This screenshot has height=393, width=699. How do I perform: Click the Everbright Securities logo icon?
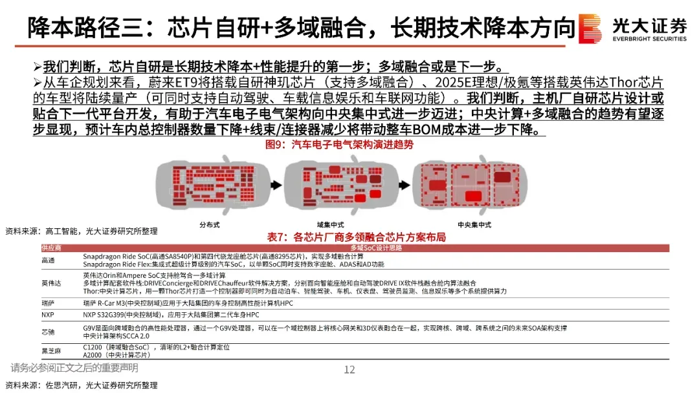(x=590, y=28)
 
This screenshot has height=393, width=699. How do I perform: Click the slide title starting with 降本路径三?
(x=302, y=27)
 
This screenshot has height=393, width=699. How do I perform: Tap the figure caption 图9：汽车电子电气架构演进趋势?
(x=339, y=145)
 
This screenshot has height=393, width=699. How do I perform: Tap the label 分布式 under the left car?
(x=210, y=224)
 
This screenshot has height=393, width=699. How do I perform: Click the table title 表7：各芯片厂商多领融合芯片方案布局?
(x=356, y=237)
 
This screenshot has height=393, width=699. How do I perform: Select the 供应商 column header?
(x=51, y=248)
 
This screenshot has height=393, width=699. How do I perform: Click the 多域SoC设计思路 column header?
(x=375, y=248)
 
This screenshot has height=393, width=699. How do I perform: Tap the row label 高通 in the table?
(x=48, y=260)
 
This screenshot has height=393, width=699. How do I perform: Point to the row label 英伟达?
(x=50, y=282)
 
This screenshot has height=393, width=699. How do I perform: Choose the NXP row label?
(x=47, y=314)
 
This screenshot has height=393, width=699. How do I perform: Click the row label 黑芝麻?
(x=50, y=351)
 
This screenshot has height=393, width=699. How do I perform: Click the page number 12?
(x=349, y=370)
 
